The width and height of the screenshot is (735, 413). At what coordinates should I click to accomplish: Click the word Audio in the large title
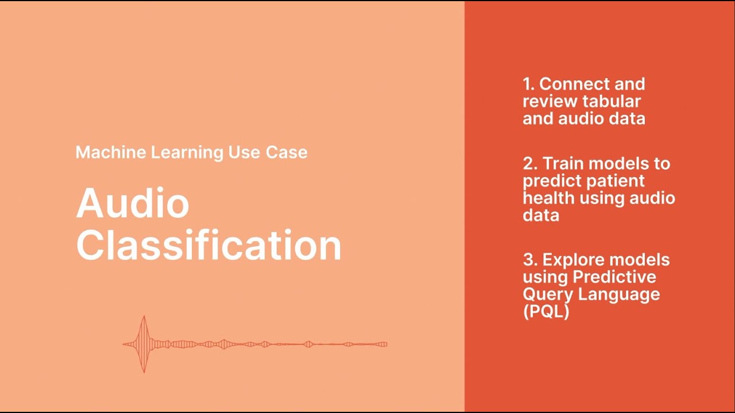pyautogui.click(x=133, y=203)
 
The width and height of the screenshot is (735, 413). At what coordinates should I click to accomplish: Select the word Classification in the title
pyautogui.click(x=208, y=245)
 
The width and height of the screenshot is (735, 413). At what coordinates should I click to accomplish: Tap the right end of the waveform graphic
pyautogui.click(x=385, y=344)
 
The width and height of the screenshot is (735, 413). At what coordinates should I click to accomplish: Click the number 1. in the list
pyautogui.click(x=528, y=84)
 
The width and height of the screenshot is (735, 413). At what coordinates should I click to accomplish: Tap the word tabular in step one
pyautogui.click(x=612, y=102)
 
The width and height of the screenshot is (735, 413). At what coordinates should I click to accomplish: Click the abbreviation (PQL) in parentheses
pyautogui.click(x=546, y=312)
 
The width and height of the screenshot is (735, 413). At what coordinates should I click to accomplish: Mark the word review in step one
pyautogui.click(x=549, y=102)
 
